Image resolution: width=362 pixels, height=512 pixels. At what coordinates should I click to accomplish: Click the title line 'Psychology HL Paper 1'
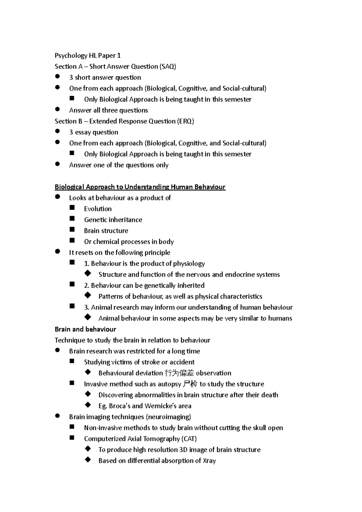(87, 55)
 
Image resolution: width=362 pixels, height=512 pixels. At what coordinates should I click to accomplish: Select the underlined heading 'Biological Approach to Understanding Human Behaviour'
(140, 187)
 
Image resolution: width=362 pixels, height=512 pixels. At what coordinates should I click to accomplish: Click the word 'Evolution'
(98, 209)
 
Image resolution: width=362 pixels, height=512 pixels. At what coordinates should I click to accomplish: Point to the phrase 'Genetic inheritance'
(113, 220)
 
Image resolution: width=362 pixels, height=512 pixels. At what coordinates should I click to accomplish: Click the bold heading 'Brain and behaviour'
(85, 329)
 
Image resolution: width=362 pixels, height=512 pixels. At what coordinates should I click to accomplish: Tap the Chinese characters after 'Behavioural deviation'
(179, 373)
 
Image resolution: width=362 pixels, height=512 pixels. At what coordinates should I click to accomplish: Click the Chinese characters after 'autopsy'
(190, 384)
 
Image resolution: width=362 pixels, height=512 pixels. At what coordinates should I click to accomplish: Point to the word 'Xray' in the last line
(209, 461)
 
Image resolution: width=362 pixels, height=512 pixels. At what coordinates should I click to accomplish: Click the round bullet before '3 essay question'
(58, 131)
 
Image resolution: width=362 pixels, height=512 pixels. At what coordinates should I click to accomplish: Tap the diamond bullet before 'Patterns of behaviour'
(88, 296)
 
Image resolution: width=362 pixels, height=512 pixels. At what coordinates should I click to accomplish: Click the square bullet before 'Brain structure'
(72, 230)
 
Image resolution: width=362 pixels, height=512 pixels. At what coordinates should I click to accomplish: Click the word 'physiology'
(189, 264)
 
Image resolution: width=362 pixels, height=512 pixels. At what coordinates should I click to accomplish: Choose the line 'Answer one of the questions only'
(119, 165)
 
